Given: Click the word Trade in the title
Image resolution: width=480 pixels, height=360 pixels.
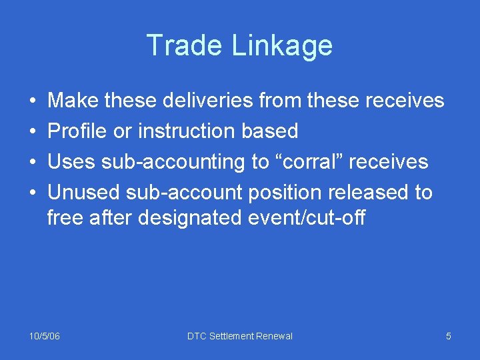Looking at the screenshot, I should (185, 45).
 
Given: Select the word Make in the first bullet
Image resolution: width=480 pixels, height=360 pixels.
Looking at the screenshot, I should (72, 100).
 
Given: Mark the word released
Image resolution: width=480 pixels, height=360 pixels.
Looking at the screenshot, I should (372, 192).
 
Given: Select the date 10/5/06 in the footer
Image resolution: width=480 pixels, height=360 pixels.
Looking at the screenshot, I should (45, 336).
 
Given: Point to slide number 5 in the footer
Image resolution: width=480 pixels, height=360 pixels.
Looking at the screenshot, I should (449, 336).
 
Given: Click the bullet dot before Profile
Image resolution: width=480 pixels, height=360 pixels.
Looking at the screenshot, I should (33, 131).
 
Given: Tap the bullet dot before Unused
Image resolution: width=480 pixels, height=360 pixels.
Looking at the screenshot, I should (33, 193).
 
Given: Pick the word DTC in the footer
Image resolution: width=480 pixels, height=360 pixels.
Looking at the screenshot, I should (197, 336).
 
